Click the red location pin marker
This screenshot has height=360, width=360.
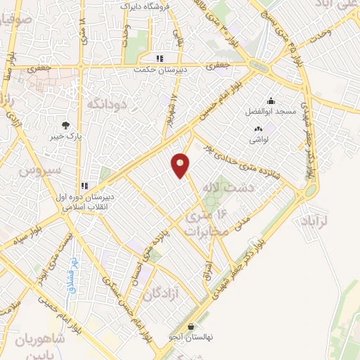coord(180,165)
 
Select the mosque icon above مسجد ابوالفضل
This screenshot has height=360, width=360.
coord(271,101)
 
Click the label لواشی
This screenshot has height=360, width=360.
coord(259,139)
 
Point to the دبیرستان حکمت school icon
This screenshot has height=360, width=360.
coord(160,59)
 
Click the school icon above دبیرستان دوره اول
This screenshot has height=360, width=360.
coord(84,186)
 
